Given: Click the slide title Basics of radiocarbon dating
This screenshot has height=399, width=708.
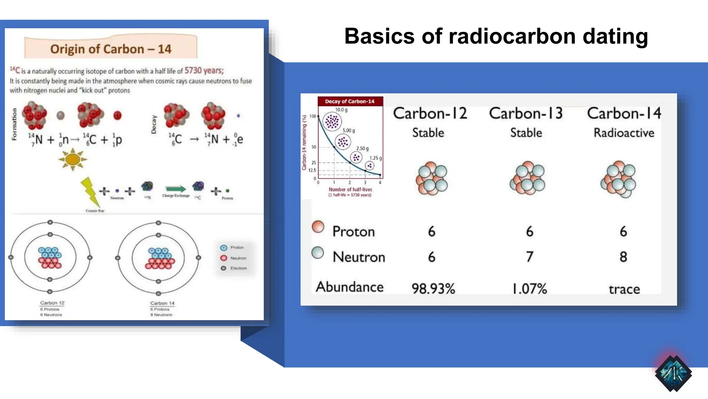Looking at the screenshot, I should coord(496,36).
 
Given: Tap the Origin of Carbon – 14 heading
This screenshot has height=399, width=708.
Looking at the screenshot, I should coord(111,49).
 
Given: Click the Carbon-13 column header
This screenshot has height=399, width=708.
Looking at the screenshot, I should coord(526,114).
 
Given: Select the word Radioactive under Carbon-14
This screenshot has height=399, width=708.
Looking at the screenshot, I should coord(624,133).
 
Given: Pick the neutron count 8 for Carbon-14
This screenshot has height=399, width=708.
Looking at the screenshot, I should coord(623,257).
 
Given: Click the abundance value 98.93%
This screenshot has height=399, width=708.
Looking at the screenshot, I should coord(433,289).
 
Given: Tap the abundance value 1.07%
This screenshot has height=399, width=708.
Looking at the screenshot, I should coord(529,289).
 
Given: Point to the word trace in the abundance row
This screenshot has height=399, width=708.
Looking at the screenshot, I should coord(624,289).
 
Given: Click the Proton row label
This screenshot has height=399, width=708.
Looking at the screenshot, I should coord(353,231).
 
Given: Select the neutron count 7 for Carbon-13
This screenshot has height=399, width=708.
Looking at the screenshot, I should coord(529,257).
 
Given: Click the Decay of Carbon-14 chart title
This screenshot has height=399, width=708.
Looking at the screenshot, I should coord(350,101).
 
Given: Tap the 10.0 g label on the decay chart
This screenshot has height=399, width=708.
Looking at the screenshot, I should coord(341,110).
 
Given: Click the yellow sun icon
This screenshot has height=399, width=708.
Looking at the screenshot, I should coord(73,160).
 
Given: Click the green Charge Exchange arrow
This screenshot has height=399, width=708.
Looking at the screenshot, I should coord(176,189).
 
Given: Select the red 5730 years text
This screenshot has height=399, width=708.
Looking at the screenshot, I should coord(204,71).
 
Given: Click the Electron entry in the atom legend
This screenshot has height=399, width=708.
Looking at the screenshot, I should coord(238,268).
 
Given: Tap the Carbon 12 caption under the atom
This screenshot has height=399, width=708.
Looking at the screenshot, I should coord(52,303).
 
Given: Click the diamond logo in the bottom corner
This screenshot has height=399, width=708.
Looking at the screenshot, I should coord(673,373).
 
